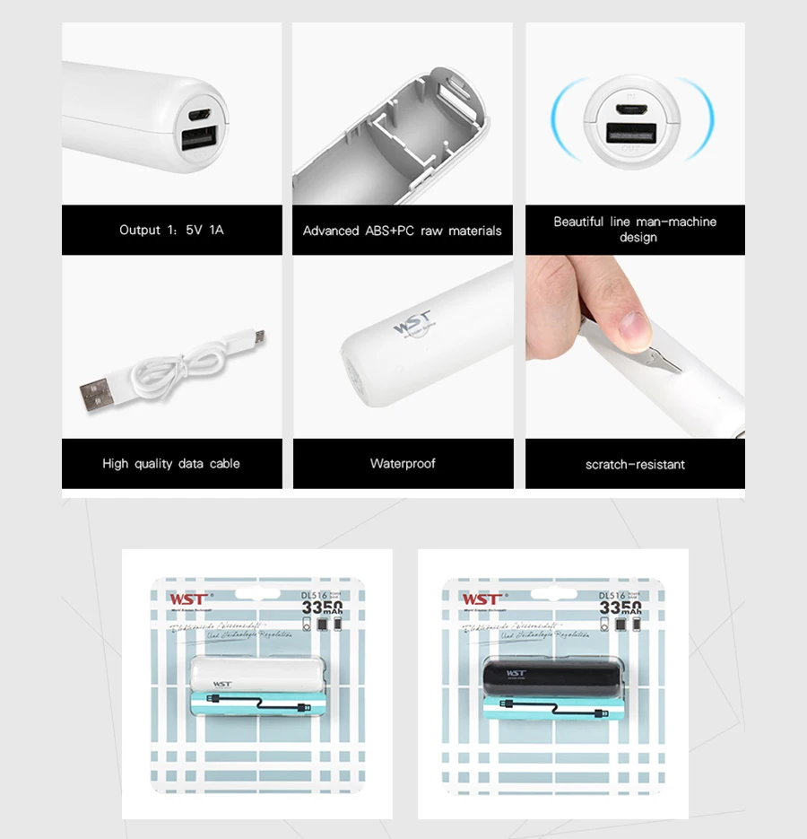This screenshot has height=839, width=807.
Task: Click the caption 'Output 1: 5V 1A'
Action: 171,230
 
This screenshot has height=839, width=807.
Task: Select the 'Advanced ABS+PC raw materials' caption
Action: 403,231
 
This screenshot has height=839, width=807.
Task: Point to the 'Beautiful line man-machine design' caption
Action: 635,229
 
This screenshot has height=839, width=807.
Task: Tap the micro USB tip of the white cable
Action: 257,336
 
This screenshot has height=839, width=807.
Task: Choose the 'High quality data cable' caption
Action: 171,464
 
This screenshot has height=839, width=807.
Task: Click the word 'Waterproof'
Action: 403,464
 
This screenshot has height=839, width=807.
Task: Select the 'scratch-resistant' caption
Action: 635,465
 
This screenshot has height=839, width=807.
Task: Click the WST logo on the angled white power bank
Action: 412,322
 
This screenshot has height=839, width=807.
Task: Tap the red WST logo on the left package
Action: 188,599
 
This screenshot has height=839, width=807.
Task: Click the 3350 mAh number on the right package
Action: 620,609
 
